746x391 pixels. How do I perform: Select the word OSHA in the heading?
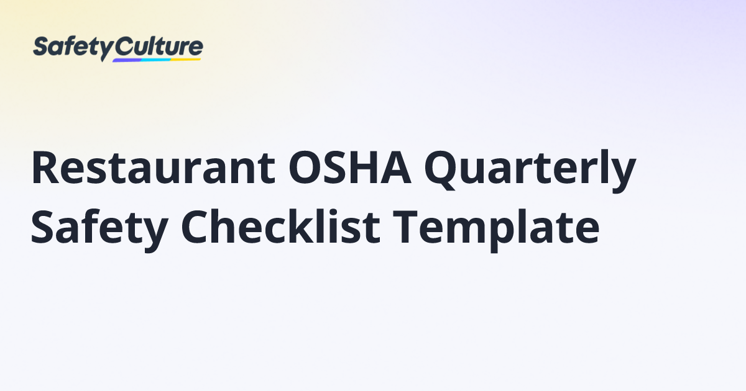350,168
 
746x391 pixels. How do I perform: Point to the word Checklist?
280,227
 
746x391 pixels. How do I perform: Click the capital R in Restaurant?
44,168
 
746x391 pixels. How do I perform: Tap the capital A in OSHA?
395,168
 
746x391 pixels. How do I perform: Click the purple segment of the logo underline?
127,60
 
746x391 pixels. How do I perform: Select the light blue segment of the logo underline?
156,60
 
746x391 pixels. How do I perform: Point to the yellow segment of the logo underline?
186,59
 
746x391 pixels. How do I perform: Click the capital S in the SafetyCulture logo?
41,47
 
